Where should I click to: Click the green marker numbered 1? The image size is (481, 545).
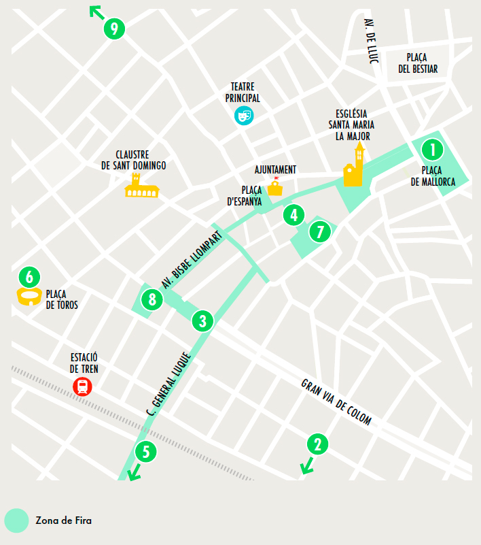click(x=432, y=149)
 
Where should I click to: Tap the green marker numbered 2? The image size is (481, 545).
click(x=317, y=444)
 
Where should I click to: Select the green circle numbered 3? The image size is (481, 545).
click(x=202, y=320)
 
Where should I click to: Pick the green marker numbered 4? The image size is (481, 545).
click(x=293, y=216)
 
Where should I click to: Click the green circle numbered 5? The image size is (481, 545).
click(x=145, y=451)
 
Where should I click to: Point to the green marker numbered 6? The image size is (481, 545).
click(x=29, y=276)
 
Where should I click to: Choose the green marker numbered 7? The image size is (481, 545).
click(x=320, y=232)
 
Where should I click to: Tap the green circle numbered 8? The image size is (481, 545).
click(x=152, y=299)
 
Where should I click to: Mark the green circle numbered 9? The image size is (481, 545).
click(x=114, y=29)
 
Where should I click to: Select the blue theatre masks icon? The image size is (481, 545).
click(x=244, y=116)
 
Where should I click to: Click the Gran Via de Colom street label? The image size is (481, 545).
click(x=336, y=402)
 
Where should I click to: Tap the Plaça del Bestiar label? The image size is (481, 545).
click(x=418, y=63)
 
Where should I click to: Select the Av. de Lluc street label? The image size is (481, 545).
click(x=370, y=41)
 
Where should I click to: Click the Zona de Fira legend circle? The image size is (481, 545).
click(x=16, y=521)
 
